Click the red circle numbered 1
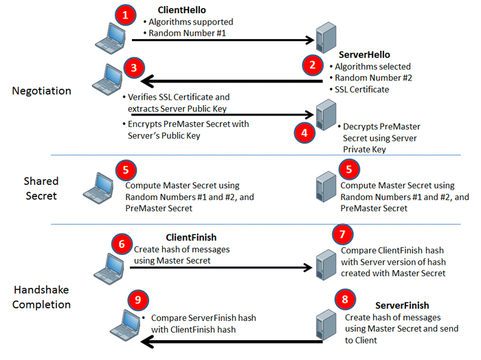[124, 15]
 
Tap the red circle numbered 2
[313, 65]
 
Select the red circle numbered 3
[133, 68]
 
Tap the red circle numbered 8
[344, 300]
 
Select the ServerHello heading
[365, 54]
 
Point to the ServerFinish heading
[402, 305]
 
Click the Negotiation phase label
[41, 91]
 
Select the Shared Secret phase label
[41, 188]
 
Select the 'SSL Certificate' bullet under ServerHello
[361, 89]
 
